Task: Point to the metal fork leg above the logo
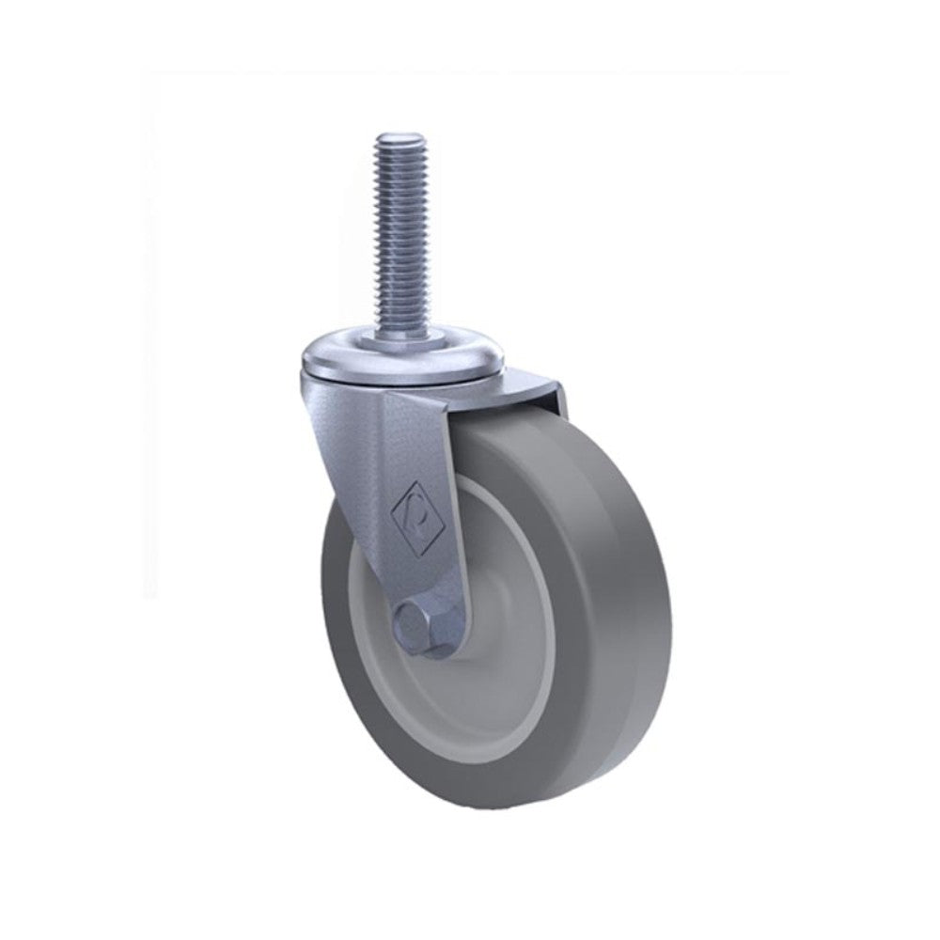coord(414,442)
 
